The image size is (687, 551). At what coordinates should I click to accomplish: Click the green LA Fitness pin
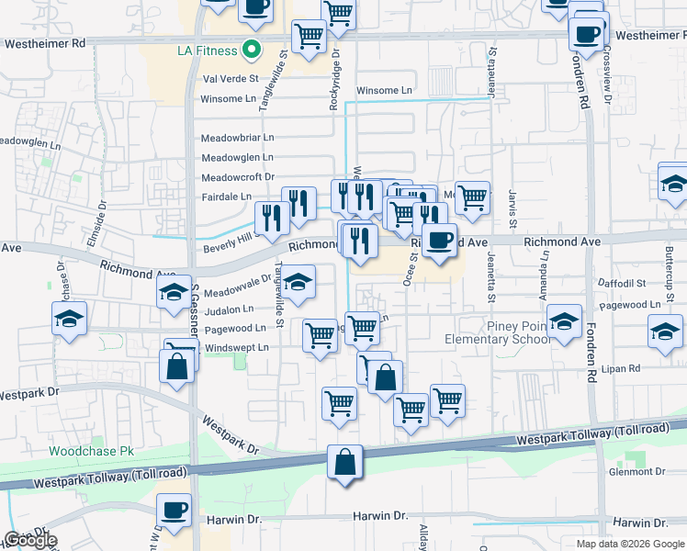point(251,50)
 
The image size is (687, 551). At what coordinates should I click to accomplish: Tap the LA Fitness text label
point(208,50)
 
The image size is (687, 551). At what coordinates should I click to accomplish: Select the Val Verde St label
point(230,80)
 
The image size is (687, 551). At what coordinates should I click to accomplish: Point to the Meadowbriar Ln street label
point(237,137)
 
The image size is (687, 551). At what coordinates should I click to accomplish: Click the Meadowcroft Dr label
point(237,177)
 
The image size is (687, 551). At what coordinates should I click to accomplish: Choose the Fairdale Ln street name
point(227,197)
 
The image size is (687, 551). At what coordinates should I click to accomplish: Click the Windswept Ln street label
point(237,348)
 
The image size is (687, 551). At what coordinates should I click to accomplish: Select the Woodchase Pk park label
point(91,452)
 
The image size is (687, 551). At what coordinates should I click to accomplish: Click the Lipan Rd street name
point(621,368)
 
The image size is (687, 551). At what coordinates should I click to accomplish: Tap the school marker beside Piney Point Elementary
point(565,320)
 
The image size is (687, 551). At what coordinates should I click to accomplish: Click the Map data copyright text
point(629,544)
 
